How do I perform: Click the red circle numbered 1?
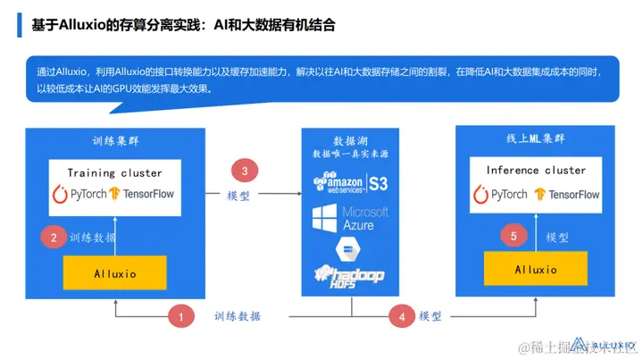click(182, 315)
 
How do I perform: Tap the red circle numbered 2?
click(54, 238)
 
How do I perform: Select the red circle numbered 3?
click(245, 169)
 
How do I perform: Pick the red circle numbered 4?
click(402, 315)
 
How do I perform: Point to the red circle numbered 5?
click(513, 237)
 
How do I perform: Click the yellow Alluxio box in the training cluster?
click(115, 274)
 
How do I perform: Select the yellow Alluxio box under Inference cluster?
click(536, 269)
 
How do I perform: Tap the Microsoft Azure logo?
click(350, 218)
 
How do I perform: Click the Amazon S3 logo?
click(350, 184)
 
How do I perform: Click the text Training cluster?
click(115, 172)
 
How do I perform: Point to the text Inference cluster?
click(536, 170)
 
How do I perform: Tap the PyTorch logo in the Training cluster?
click(79, 194)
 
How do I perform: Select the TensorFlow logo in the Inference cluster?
click(567, 194)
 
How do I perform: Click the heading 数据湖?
click(350, 141)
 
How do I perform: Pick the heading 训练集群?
click(115, 141)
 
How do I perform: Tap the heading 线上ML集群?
click(535, 138)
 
